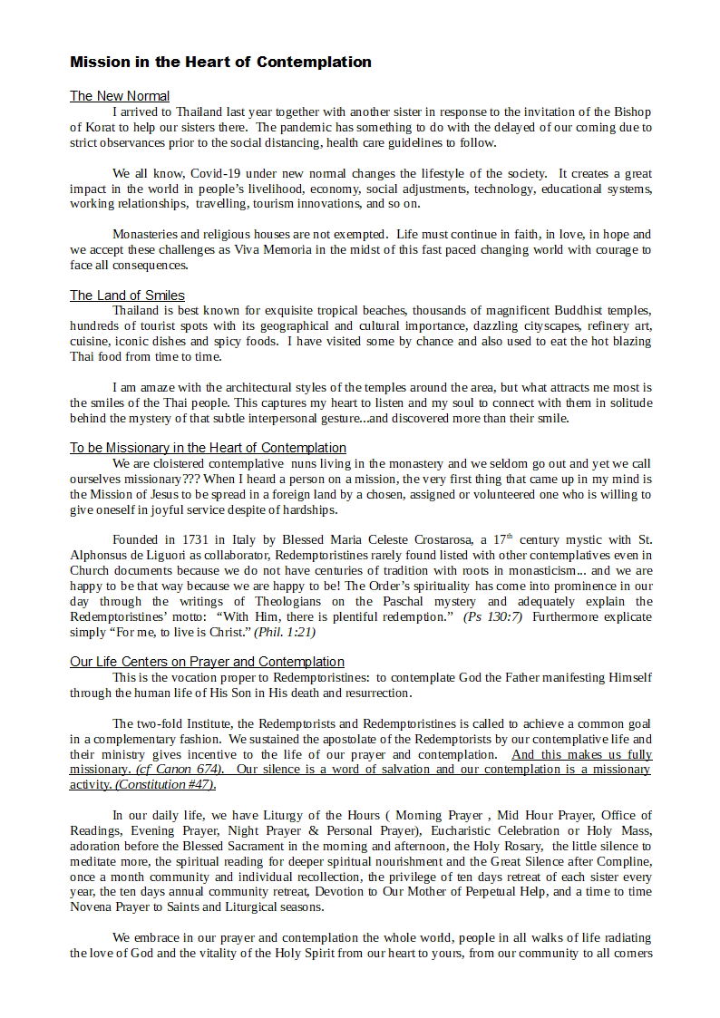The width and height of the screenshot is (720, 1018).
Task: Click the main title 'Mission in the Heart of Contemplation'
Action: click(x=220, y=63)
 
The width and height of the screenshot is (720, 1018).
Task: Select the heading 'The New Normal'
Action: click(x=120, y=96)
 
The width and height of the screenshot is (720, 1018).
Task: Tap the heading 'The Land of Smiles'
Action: click(x=127, y=296)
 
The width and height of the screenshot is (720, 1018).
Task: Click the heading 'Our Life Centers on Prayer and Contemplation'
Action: click(x=207, y=662)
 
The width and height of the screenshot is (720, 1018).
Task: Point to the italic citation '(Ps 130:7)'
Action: click(x=491, y=616)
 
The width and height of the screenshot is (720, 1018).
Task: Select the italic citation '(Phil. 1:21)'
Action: click(x=297, y=632)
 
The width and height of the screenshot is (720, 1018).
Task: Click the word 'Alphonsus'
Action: click(x=100, y=555)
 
